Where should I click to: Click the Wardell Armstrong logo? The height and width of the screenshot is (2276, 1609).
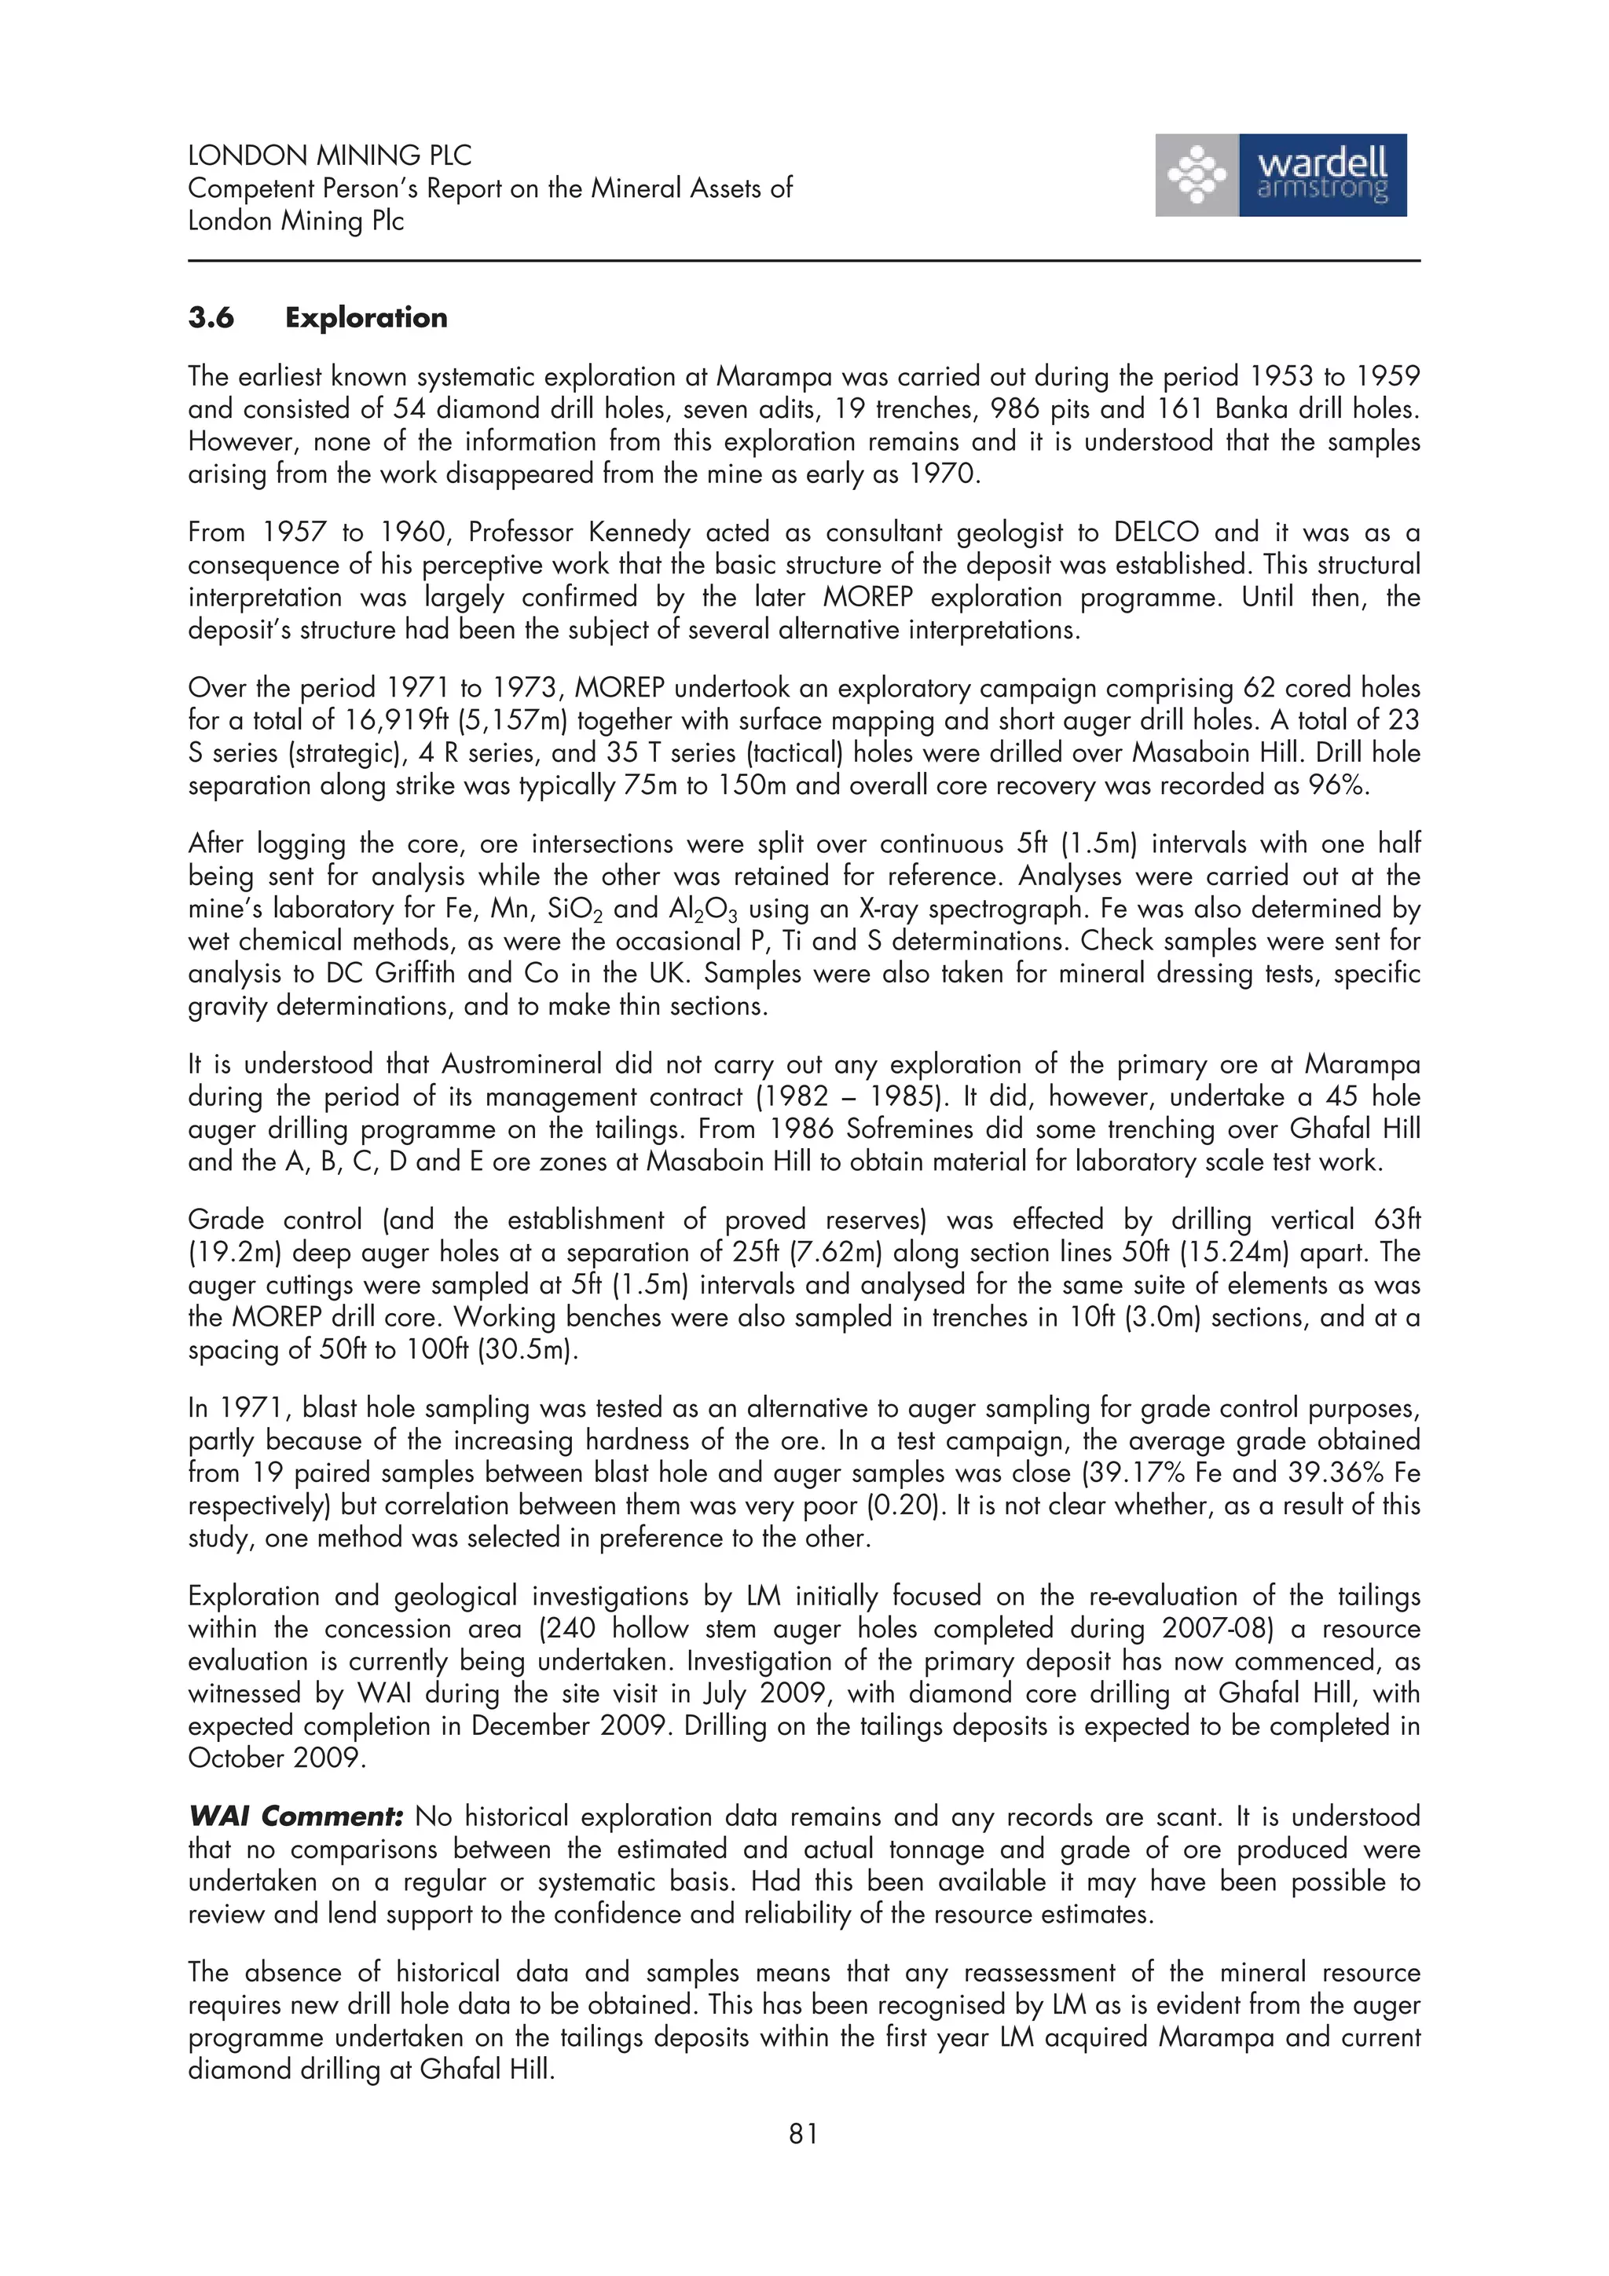1280,175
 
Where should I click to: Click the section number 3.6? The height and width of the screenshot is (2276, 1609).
211,318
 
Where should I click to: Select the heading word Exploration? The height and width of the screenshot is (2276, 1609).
366,318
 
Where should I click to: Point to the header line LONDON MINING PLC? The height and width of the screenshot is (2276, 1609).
329,156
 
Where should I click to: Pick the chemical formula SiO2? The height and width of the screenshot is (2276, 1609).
575,909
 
